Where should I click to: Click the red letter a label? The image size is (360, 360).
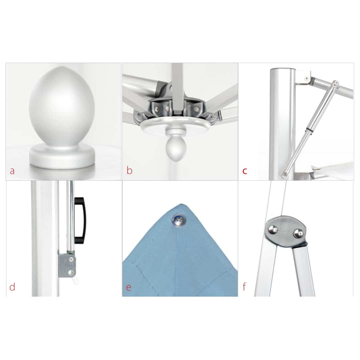(12, 171)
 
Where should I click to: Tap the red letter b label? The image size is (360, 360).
(129, 170)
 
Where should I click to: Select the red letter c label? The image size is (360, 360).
(245, 171)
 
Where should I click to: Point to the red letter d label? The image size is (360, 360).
(12, 287)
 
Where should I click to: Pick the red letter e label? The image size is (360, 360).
(129, 287)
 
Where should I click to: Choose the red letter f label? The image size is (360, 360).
(244, 287)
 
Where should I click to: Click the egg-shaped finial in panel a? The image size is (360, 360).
(62, 106)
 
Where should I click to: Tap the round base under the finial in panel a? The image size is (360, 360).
(62, 156)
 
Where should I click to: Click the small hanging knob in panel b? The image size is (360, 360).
(176, 148)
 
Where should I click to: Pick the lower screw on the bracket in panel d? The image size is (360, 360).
(71, 273)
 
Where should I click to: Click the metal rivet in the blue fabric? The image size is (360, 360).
(179, 220)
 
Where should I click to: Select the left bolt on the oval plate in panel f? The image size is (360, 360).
(273, 230)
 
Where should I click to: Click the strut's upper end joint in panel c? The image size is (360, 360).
(335, 84)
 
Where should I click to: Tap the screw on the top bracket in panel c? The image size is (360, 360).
(306, 79)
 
